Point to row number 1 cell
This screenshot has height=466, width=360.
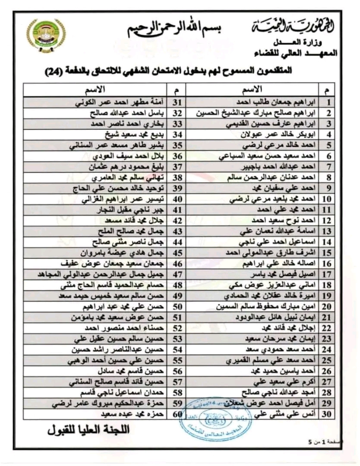[328, 103]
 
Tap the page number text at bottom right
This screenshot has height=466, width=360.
[336, 441]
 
